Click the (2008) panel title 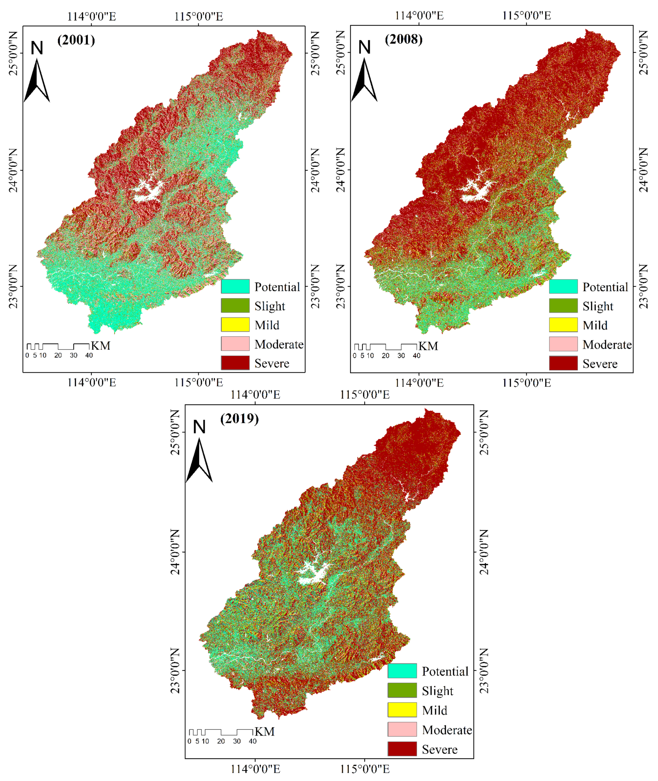(404, 39)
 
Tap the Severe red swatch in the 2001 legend (235, 363)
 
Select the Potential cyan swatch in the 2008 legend (563, 287)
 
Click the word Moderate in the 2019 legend (447, 729)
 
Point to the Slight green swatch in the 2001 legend (235, 306)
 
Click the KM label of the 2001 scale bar (101, 345)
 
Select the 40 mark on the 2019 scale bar (252, 741)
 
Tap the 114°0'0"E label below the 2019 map (255, 769)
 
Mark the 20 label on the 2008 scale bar (385, 356)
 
